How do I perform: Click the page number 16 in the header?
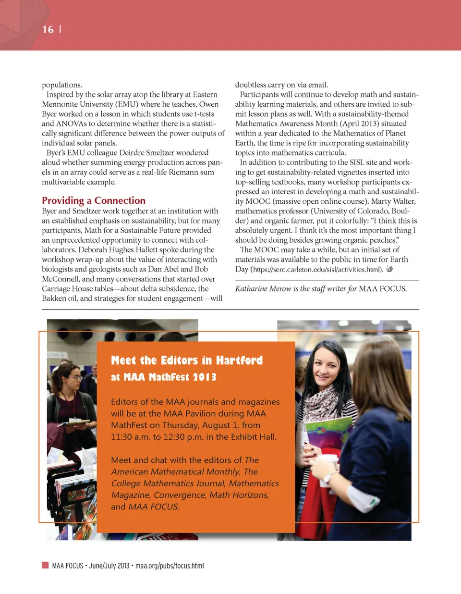point(48,29)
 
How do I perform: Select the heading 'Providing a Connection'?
point(94,200)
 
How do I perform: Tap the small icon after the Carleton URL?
point(389,269)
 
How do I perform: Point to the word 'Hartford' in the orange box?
point(239,360)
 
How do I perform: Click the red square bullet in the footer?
point(45,565)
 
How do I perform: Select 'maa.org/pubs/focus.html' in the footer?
point(170,566)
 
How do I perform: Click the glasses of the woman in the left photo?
point(76,378)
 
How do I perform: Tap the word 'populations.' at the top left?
point(62,85)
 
